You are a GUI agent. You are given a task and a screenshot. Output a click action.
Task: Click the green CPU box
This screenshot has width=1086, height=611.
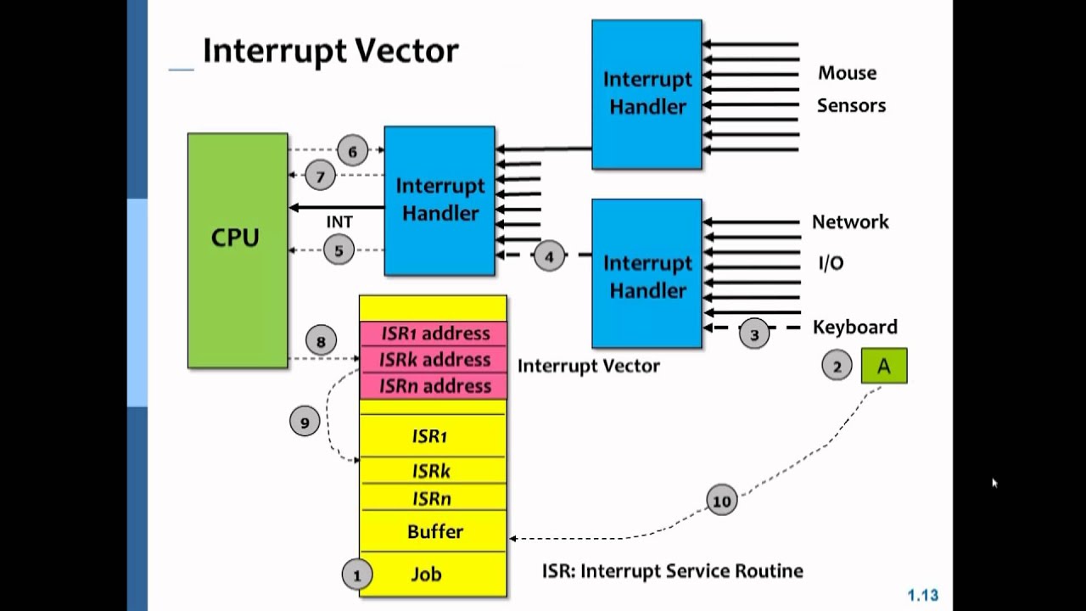237,250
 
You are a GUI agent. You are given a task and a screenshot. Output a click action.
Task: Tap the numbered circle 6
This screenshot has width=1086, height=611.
352,152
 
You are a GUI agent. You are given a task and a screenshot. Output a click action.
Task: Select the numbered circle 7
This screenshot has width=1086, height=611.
321,177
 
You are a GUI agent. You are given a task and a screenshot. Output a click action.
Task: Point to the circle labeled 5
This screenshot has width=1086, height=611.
339,250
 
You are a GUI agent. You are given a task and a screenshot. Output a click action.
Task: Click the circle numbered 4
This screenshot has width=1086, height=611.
549,256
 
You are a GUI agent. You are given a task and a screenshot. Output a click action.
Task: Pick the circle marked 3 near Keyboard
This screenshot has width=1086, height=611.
754,334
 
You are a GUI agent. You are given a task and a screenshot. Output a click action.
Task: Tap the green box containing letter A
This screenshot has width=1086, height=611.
884,367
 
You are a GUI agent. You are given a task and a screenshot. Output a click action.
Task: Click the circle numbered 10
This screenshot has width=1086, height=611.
721,501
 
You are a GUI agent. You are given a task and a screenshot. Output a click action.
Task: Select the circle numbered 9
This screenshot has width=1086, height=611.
305,421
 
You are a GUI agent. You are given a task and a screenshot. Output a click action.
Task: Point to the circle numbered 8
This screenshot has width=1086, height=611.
321,342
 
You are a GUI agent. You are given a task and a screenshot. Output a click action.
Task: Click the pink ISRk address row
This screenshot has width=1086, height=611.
434,360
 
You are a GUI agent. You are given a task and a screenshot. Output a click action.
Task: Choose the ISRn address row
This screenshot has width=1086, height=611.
434,386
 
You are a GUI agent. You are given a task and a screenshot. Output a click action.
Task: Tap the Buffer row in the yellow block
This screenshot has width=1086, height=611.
434,532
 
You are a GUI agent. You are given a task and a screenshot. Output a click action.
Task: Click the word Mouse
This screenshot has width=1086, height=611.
847,73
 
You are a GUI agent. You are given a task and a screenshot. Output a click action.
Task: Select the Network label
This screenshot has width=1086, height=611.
850,222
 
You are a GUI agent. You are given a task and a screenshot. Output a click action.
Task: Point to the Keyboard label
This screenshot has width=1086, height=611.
854,327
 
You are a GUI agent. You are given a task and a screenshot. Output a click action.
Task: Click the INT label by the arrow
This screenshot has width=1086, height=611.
339,222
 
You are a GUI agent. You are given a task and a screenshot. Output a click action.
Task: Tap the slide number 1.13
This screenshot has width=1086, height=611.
923,596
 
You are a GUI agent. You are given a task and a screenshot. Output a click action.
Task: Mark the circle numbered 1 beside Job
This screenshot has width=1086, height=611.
356,575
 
